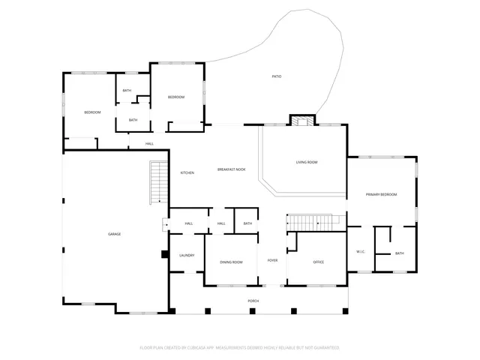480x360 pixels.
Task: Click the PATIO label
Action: click(x=277, y=76)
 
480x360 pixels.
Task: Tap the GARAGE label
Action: click(x=114, y=234)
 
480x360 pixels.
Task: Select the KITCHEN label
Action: click(x=187, y=173)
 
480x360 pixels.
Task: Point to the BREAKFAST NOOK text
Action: click(x=231, y=170)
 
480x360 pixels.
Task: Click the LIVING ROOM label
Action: click(x=306, y=162)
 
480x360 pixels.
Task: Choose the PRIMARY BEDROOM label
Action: click(x=381, y=195)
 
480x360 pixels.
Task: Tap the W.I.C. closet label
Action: click(x=360, y=252)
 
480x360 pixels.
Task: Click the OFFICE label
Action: click(x=318, y=262)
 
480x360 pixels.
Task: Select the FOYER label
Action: click(x=272, y=260)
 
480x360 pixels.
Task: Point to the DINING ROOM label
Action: click(x=231, y=262)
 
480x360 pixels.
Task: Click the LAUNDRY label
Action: click(x=187, y=256)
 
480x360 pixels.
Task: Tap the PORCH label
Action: click(x=253, y=301)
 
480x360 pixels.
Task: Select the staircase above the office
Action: click(x=313, y=222)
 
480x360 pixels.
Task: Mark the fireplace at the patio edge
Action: click(x=303, y=121)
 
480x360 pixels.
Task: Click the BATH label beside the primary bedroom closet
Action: click(x=399, y=253)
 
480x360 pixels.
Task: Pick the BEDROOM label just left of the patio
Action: click(x=175, y=97)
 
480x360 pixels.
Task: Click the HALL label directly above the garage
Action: click(x=149, y=143)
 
